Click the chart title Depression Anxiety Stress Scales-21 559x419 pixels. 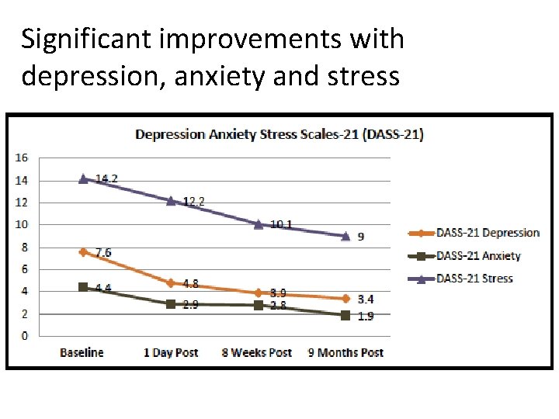(279, 134)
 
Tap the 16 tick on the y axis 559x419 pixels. (22, 158)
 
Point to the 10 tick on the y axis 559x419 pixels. (22, 225)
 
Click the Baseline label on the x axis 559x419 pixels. (82, 352)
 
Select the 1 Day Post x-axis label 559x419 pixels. (171, 352)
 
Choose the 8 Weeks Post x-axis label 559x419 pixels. (257, 352)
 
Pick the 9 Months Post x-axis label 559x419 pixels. (345, 352)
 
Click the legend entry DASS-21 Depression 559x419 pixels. (488, 233)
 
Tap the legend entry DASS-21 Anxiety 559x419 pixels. (478, 256)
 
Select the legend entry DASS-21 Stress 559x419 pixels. (474, 279)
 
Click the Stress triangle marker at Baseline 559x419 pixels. (83, 178)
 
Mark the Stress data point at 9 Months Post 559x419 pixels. (345, 235)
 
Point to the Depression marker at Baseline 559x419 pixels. (83, 252)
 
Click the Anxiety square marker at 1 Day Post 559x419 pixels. (171, 304)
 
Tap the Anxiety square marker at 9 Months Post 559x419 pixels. (345, 315)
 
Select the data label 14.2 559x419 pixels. (106, 178)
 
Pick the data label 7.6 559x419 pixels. (103, 253)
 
